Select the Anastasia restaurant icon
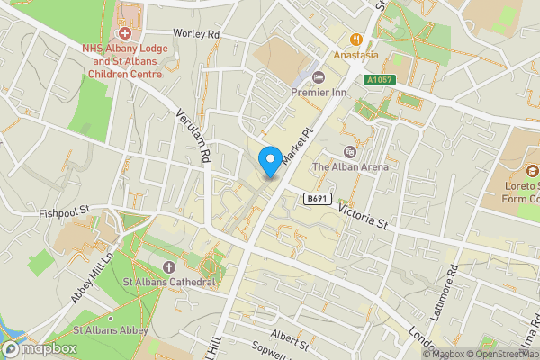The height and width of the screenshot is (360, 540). (356, 39)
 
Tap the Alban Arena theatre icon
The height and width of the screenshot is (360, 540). (350, 150)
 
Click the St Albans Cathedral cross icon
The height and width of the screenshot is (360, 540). (170, 266)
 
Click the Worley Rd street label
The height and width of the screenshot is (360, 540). (199, 34)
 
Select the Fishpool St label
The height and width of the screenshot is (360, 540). (66, 213)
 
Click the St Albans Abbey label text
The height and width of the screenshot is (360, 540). (111, 330)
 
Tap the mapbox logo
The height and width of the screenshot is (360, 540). (40, 348)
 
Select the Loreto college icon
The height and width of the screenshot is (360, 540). (532, 170)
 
